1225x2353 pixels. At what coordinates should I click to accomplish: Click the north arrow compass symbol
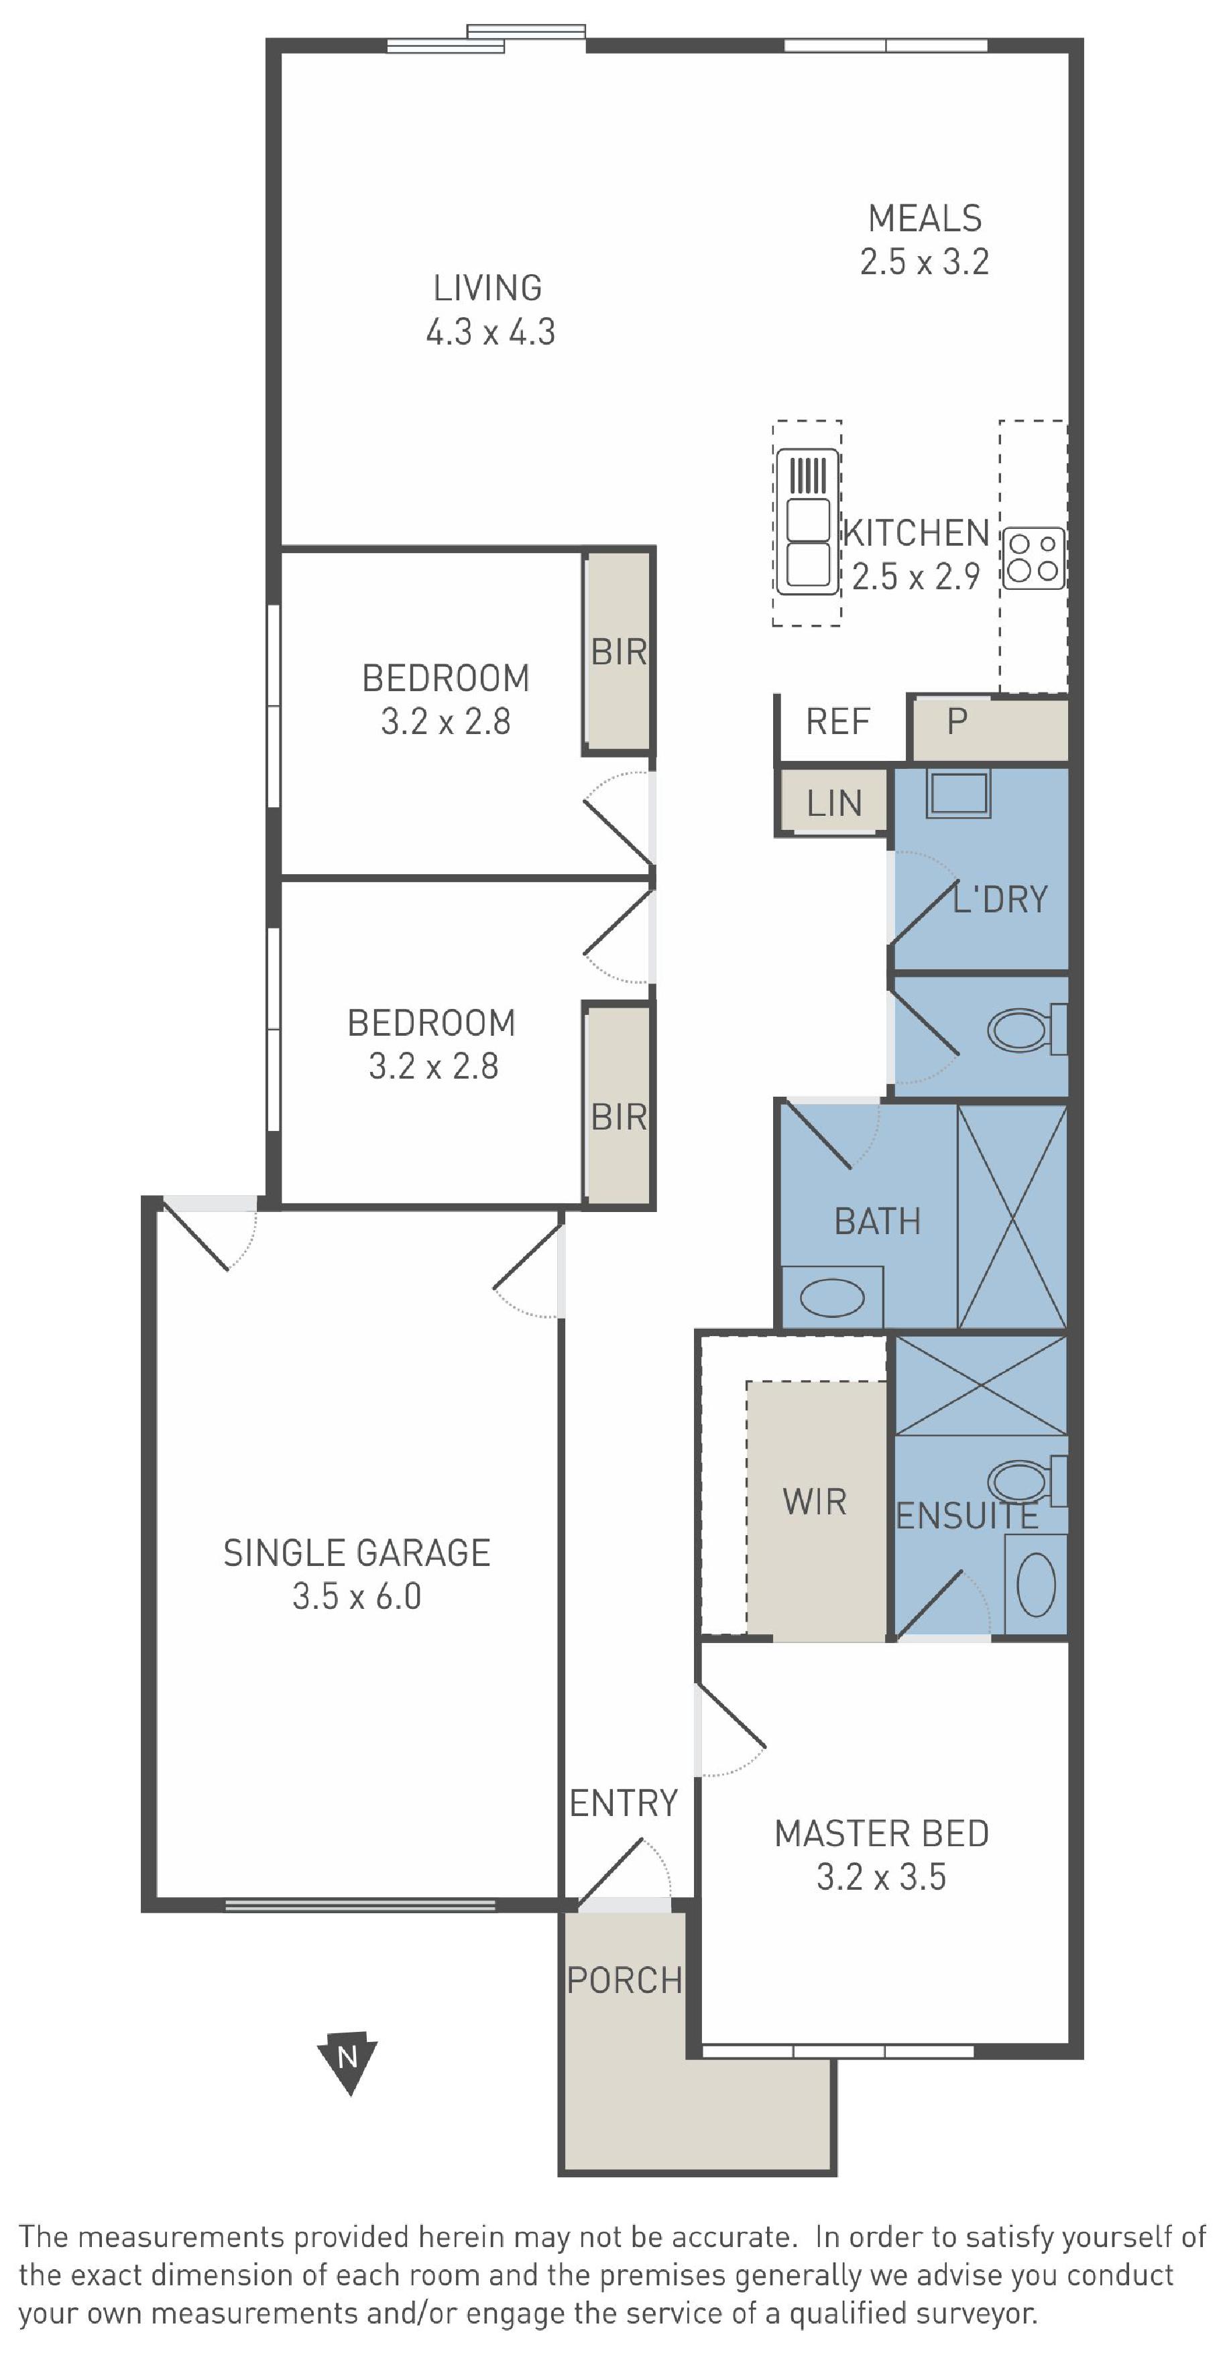tap(348, 2061)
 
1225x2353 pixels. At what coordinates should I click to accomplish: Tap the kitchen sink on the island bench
tap(807, 522)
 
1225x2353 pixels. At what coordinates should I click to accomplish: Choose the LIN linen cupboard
tap(834, 802)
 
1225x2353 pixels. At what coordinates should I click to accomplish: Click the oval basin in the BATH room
tap(831, 1298)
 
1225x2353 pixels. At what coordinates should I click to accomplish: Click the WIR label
tap(814, 1502)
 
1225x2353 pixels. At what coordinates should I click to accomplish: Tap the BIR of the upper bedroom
tap(618, 652)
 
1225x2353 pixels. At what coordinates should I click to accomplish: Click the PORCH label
tap(625, 1980)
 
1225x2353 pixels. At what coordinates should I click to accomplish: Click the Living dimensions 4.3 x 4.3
tap(491, 332)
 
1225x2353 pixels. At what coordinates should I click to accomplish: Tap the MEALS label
tap(925, 219)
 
